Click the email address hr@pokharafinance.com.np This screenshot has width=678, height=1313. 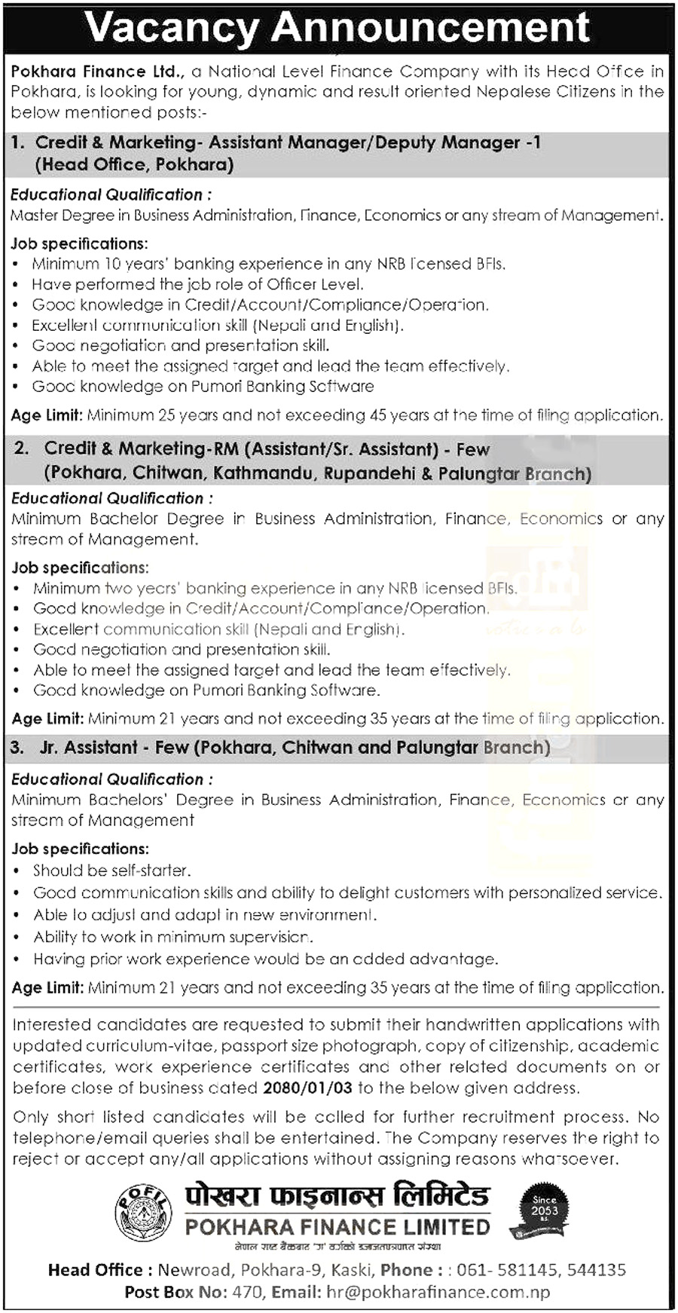438,1292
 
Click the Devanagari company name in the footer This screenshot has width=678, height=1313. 337,1196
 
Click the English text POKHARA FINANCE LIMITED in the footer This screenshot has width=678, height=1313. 337,1227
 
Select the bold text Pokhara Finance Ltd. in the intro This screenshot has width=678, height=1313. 98,72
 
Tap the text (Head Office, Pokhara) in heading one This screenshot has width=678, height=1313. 134,164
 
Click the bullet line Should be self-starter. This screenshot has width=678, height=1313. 111,871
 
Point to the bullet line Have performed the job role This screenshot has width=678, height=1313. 197,284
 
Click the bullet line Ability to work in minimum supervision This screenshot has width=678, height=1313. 173,937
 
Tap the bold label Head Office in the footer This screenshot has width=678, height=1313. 96,1270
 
